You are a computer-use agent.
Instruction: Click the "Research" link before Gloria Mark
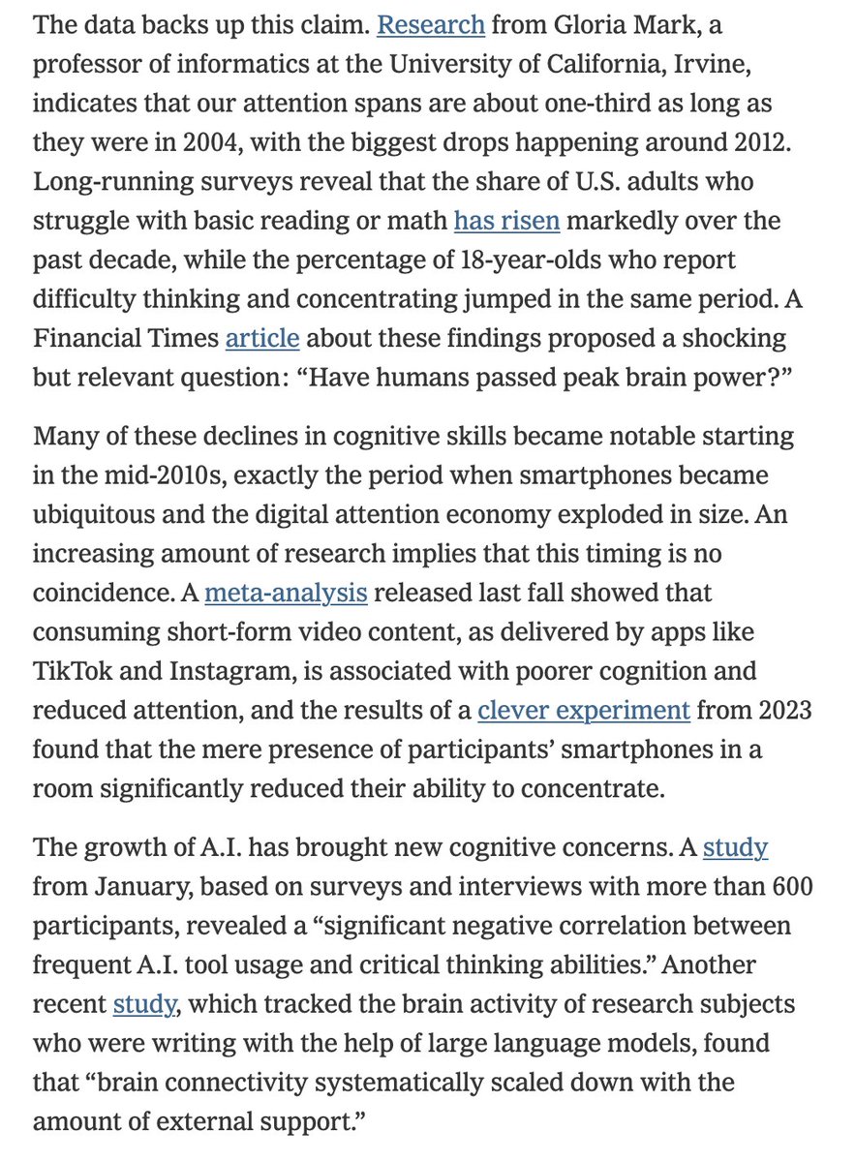point(430,24)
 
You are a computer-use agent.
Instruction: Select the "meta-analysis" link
point(287,591)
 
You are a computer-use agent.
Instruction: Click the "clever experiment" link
point(584,710)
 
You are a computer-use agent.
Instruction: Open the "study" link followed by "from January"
point(735,849)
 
